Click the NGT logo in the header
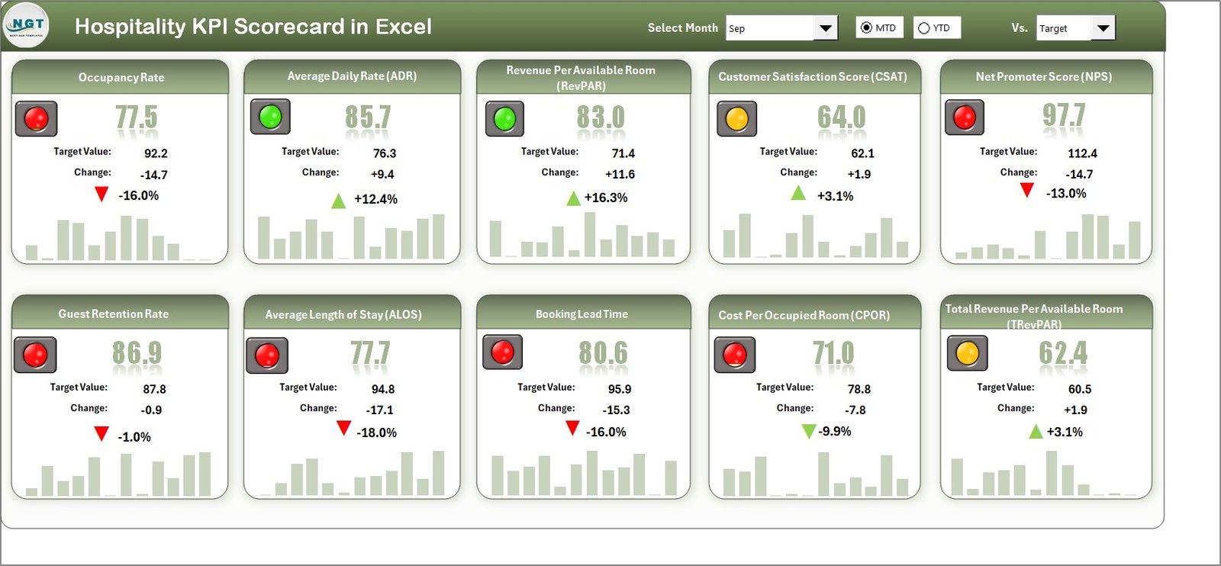point(27,25)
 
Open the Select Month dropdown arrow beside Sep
point(825,28)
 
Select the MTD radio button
point(867,28)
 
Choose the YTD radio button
point(924,28)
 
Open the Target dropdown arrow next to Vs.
point(1103,28)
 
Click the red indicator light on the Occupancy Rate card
point(36,118)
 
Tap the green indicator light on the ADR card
point(270,117)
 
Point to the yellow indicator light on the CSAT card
point(736,119)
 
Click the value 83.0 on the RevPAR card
point(601,117)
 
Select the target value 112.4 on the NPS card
point(1082,153)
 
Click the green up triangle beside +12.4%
point(338,201)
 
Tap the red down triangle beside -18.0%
point(343,428)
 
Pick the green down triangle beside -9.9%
point(809,432)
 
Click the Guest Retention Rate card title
point(114,314)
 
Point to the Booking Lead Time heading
point(582,314)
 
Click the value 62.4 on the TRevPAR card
point(1063,353)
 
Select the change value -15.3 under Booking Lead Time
point(616,410)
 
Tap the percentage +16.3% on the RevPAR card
point(606,198)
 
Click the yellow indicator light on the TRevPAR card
point(967,353)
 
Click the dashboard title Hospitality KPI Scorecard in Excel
point(253,27)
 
